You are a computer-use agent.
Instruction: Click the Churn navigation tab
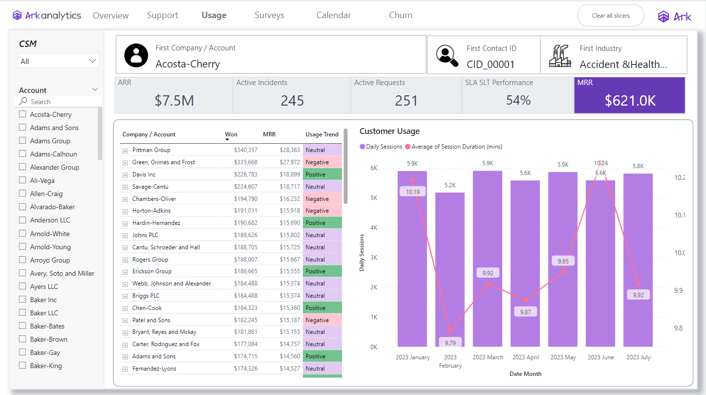click(400, 15)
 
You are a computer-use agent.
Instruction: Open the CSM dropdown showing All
click(58, 61)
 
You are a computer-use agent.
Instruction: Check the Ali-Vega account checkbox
click(23, 180)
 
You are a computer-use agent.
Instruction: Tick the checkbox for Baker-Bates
click(23, 326)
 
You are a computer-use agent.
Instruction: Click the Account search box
click(59, 102)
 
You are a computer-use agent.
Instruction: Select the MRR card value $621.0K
click(630, 101)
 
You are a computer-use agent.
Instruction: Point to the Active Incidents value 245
click(292, 101)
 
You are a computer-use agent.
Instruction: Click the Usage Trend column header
click(321, 134)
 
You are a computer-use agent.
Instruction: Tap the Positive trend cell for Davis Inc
click(322, 175)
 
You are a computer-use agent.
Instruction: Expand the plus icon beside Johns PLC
click(125, 235)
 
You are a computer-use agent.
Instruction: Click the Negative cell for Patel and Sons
click(322, 320)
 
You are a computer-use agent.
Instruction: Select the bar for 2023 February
click(450, 269)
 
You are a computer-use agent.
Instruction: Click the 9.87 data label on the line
click(525, 312)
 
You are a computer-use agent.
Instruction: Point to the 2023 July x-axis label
click(638, 357)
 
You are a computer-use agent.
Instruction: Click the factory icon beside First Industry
click(560, 56)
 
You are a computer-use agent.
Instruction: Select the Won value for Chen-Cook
click(246, 308)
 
